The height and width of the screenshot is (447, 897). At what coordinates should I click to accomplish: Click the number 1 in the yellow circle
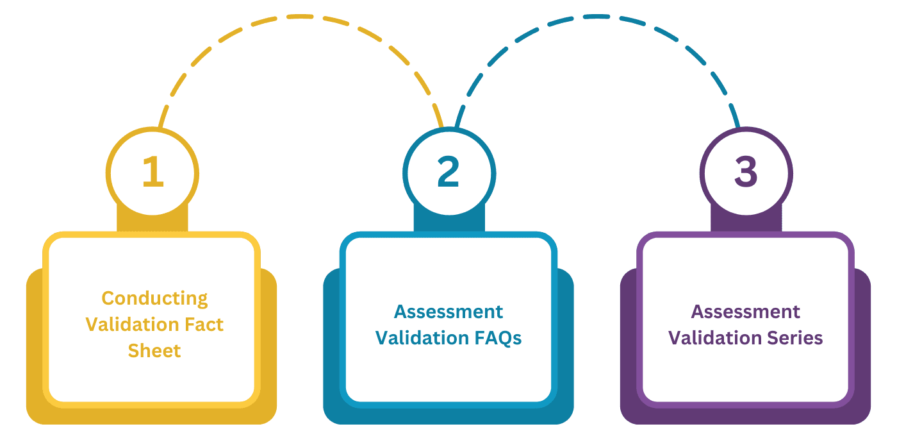152,172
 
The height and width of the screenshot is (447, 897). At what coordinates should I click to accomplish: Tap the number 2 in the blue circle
448,172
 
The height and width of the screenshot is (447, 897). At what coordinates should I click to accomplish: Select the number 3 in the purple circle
746,172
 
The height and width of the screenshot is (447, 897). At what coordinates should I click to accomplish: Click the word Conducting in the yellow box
154,298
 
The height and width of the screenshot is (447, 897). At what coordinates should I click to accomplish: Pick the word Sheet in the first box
154,351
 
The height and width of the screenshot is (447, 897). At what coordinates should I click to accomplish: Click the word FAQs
495,338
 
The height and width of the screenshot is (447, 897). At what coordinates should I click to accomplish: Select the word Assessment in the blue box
448,312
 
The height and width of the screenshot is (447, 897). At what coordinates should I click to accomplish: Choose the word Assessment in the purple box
746,312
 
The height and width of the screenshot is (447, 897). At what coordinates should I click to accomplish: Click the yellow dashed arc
295,17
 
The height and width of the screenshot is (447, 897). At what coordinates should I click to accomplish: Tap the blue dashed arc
596,17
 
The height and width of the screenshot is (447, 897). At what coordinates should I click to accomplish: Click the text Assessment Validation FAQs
448,325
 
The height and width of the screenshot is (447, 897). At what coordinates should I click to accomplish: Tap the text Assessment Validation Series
746,325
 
